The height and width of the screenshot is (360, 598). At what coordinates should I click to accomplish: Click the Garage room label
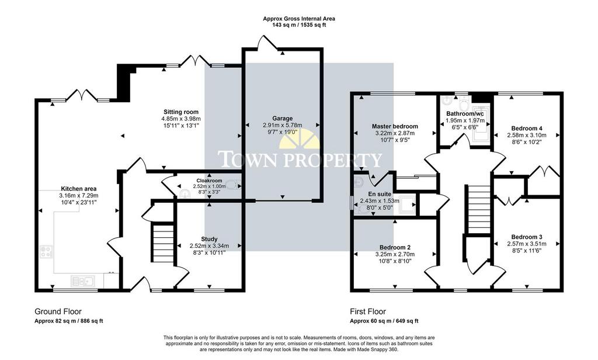pos(282,119)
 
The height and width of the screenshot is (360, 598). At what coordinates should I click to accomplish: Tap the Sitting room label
pos(181,112)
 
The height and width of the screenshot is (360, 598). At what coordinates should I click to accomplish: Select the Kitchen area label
pos(79,189)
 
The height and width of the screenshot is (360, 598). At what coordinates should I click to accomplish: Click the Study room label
pos(209,240)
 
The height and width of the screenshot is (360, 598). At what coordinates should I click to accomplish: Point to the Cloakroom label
pos(209,181)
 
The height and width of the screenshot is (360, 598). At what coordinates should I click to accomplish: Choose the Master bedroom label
pos(395,126)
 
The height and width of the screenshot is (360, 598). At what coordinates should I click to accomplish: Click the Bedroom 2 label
pos(395,247)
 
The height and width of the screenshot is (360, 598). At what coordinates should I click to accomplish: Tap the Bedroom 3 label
pos(527,237)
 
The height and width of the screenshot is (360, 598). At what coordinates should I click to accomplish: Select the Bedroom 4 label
pos(527,128)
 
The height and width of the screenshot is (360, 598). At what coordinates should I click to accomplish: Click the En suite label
pos(380,194)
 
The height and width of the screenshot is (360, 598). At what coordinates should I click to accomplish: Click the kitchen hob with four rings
pos(46,251)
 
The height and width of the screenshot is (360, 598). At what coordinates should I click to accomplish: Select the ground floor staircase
pos(163,243)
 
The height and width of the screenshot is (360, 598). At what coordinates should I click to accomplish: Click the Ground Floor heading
pos(58,312)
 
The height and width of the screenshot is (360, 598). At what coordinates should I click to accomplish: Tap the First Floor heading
pos(368,312)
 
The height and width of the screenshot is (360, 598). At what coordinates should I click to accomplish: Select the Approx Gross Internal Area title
pos(299,18)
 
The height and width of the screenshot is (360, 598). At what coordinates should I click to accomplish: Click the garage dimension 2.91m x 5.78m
pos(282,125)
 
